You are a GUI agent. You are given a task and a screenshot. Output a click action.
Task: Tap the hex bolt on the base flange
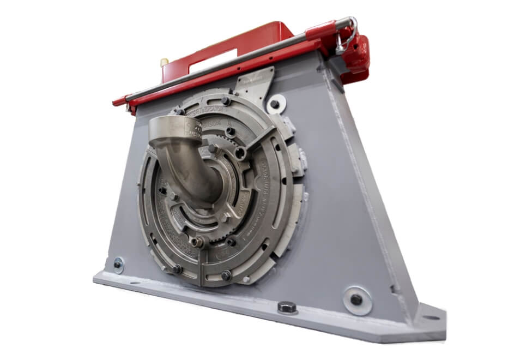click(x=287, y=307)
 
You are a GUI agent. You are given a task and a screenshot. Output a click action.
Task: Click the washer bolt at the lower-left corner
click(x=118, y=265)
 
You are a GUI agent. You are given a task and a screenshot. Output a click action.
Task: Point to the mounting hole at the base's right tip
click(x=430, y=317)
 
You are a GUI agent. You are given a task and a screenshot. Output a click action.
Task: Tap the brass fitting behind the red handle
click(x=164, y=63)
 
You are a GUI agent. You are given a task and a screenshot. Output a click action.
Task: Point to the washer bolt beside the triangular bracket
click(x=275, y=104)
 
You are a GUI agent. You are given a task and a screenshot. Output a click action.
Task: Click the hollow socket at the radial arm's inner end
click(x=239, y=154)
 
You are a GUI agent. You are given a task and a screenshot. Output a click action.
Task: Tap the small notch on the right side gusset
click(x=394, y=287)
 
